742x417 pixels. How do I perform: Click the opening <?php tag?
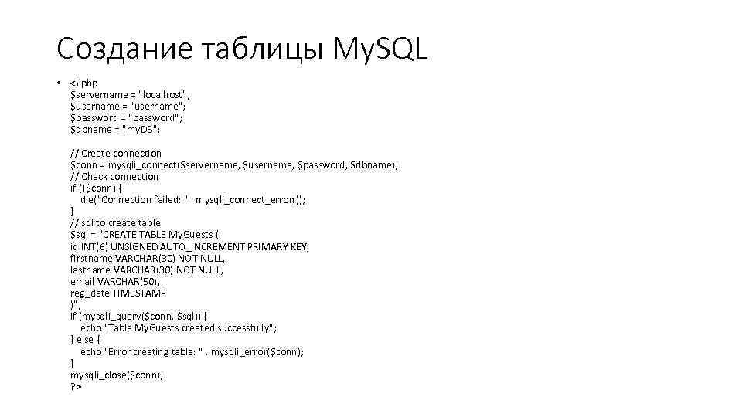tap(84, 83)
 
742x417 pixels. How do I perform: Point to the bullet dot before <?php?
tap(59, 83)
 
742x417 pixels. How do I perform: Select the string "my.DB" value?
tap(141, 130)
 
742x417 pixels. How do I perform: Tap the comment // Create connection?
tap(116, 153)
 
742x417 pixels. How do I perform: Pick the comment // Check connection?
tap(114, 176)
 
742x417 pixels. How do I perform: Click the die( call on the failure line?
tap(87, 199)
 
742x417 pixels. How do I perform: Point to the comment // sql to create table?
tap(116, 222)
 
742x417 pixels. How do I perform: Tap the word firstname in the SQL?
tap(90, 258)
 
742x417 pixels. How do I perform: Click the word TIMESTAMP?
tap(139, 293)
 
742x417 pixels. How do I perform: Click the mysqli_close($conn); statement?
tap(117, 375)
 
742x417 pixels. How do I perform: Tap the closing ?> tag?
tap(76, 386)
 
